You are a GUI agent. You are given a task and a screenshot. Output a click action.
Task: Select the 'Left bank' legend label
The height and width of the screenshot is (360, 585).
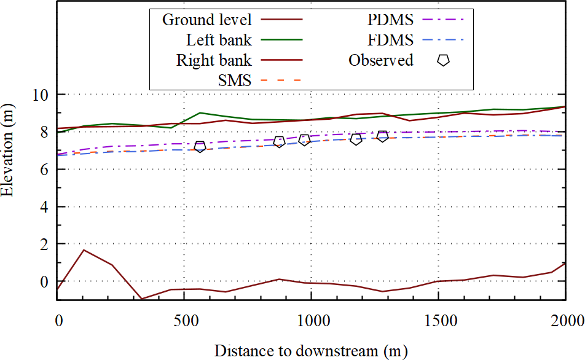point(219,41)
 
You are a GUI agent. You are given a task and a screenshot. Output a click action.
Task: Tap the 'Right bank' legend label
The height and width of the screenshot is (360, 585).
point(214,60)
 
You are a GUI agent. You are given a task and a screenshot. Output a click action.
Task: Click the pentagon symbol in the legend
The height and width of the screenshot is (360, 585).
point(443,60)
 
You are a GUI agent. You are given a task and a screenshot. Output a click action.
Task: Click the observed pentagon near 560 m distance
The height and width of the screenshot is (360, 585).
point(200,147)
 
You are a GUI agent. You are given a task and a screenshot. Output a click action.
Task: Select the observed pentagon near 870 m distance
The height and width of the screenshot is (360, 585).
point(279,142)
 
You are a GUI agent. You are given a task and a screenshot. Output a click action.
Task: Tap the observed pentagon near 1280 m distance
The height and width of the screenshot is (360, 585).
point(383,136)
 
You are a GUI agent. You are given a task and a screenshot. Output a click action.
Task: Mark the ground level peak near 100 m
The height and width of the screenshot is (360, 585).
point(84,250)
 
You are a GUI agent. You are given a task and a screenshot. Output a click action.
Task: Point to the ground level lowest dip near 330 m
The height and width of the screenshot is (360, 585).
point(142,299)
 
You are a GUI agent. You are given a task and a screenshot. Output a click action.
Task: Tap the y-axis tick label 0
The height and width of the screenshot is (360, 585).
point(45,281)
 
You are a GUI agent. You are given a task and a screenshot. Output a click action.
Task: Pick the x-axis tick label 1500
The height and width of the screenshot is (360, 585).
point(438,321)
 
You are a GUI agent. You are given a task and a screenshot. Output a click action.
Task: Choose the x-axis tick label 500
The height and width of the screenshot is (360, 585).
point(184,321)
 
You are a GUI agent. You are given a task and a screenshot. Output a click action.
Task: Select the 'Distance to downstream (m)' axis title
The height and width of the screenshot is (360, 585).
point(310,351)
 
